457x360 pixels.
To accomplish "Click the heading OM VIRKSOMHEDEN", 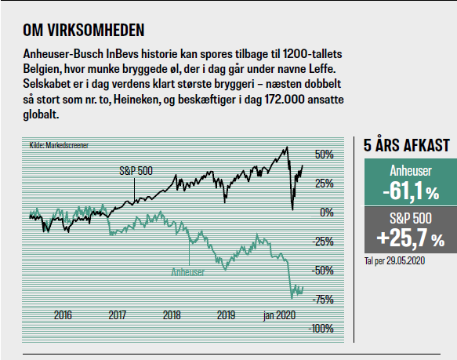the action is coord(84,31).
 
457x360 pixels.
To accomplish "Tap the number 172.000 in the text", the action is coord(285,100).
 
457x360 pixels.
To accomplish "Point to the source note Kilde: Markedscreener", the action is coord(59,145).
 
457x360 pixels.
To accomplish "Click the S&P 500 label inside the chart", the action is coord(136,171).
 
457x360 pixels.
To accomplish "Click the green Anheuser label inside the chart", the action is coord(188,272).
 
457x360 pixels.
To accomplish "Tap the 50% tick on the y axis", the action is coord(324,155).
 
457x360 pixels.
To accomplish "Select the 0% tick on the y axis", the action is coord(327,212).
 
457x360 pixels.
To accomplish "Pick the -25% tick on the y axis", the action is coord(323,242).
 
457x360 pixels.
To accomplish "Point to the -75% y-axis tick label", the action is coord(323,300).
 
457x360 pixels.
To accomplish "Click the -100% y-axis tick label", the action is coord(321,329).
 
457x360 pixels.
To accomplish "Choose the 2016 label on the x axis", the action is coord(63,315).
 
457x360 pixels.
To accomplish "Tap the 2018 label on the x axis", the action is coord(172,315).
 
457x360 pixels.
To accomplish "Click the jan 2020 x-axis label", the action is coord(279,315).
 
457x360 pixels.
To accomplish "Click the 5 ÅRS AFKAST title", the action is coord(407,145).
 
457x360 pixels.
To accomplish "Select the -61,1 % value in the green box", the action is coord(411,191).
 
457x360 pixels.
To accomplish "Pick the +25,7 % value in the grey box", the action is coord(411,238).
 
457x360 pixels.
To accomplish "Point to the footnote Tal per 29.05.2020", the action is coord(394,260).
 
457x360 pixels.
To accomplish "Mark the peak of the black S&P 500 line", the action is coord(287,147).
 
